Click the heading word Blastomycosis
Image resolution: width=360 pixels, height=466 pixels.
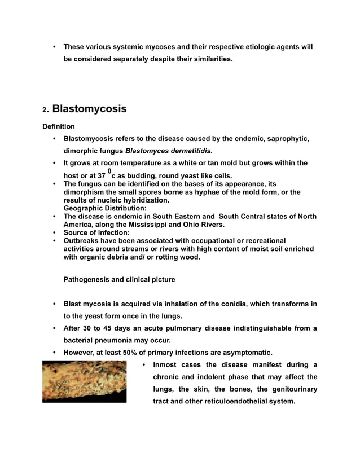tap(89, 109)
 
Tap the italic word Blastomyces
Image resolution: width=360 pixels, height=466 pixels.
tap(144, 151)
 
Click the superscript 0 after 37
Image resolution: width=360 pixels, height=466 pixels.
tap(109, 170)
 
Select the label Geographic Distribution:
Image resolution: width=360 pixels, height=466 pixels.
tap(97, 208)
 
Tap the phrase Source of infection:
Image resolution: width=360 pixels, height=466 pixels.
tap(96, 232)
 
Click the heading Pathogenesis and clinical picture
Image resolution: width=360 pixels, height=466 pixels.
tap(119, 279)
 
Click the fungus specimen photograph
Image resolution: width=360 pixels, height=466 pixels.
tap(84, 382)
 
